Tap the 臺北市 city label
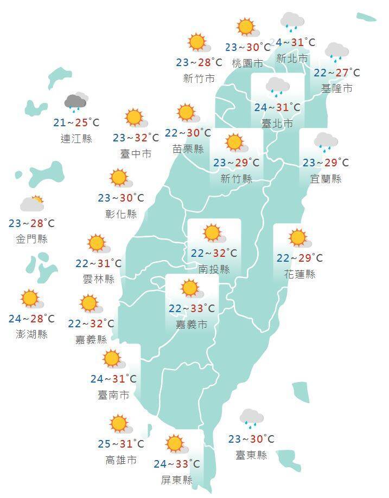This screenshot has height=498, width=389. (277, 124)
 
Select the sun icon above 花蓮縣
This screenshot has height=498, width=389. (298, 238)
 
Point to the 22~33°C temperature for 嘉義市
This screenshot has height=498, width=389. (192, 308)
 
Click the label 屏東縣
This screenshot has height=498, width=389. (177, 480)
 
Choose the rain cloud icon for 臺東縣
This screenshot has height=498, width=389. (251, 418)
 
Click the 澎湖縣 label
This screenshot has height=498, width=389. (31, 334)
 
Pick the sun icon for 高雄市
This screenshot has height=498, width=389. (118, 424)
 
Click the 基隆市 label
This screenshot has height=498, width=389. (336, 88)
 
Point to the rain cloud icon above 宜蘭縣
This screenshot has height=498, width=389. (326, 141)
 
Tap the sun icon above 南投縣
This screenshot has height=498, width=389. (213, 233)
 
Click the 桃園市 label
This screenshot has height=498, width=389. (247, 63)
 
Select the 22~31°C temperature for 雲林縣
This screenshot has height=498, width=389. (98, 263)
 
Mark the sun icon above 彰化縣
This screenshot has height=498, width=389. (118, 178)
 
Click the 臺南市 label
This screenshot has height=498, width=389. (113, 395)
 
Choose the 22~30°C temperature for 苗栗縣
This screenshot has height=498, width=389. (188, 133)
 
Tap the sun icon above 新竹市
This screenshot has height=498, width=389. (197, 42)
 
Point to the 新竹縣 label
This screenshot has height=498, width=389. (236, 178)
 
